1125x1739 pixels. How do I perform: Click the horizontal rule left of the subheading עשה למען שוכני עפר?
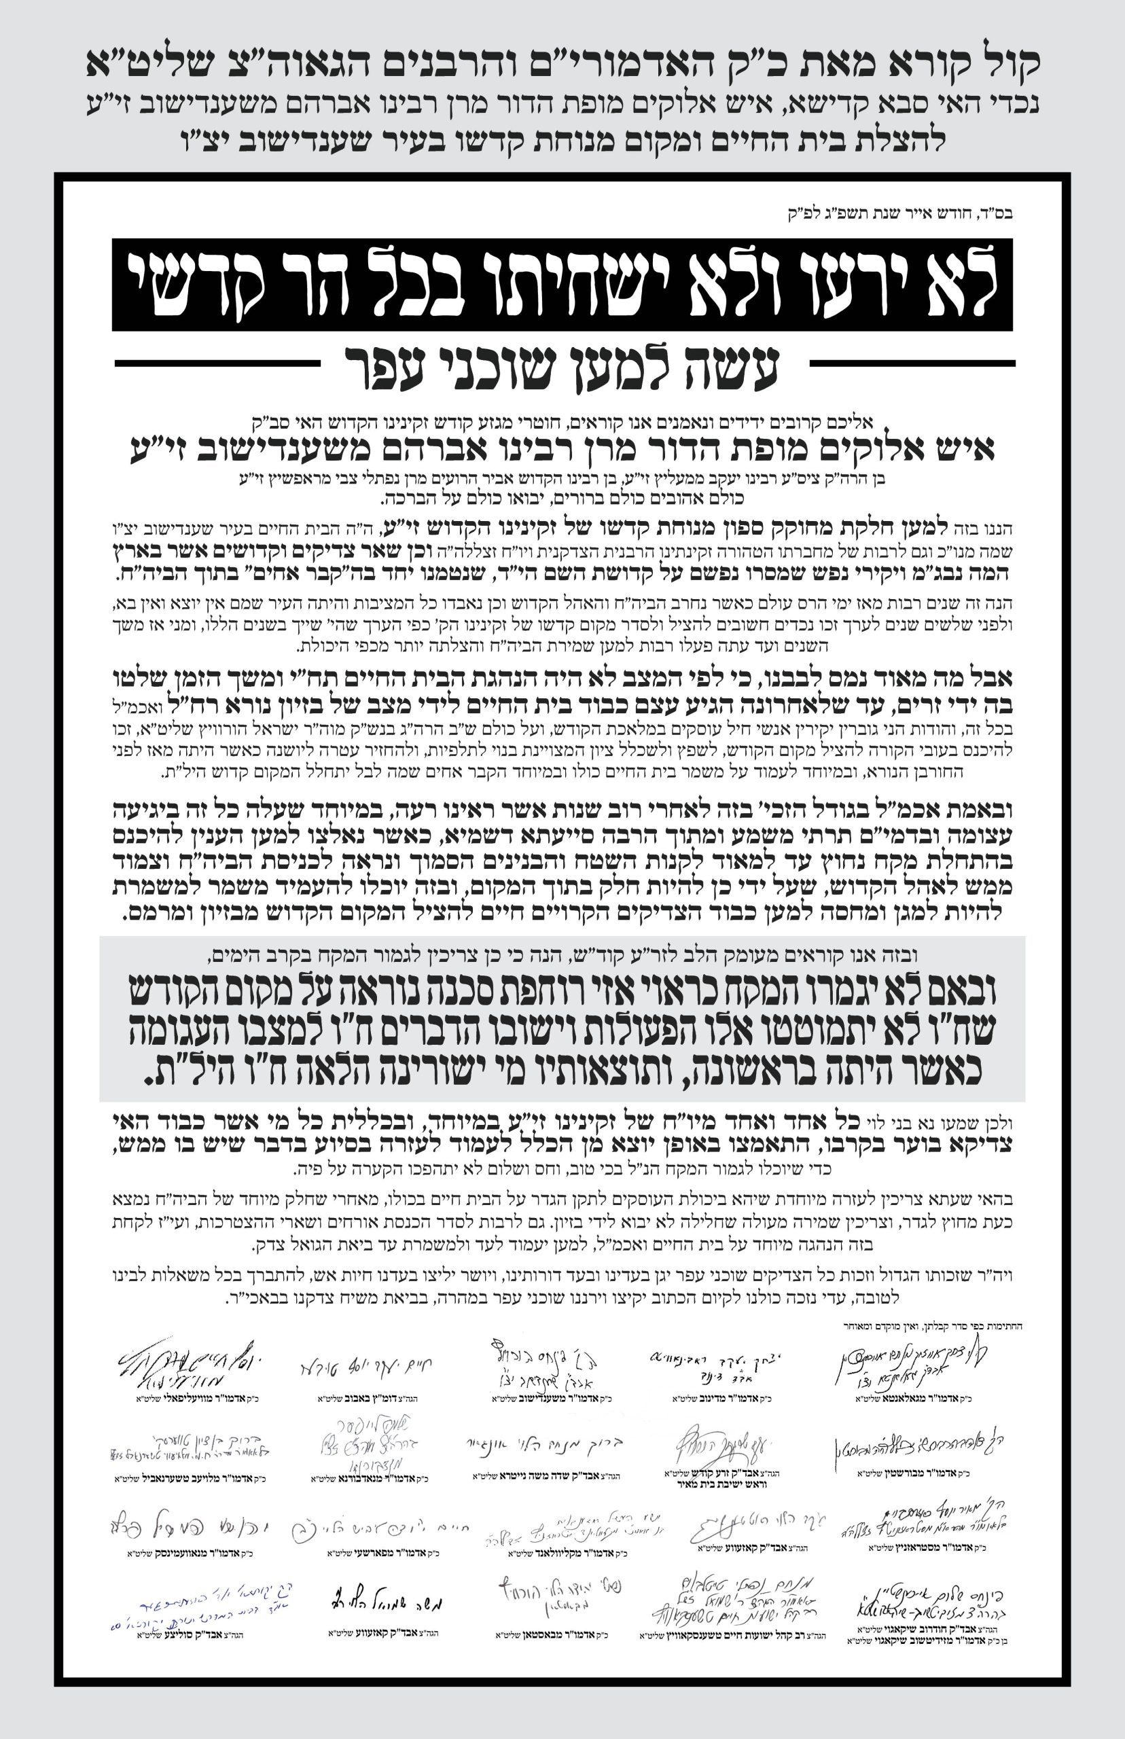(217, 363)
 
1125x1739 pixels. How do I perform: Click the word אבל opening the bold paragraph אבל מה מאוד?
(987, 679)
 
